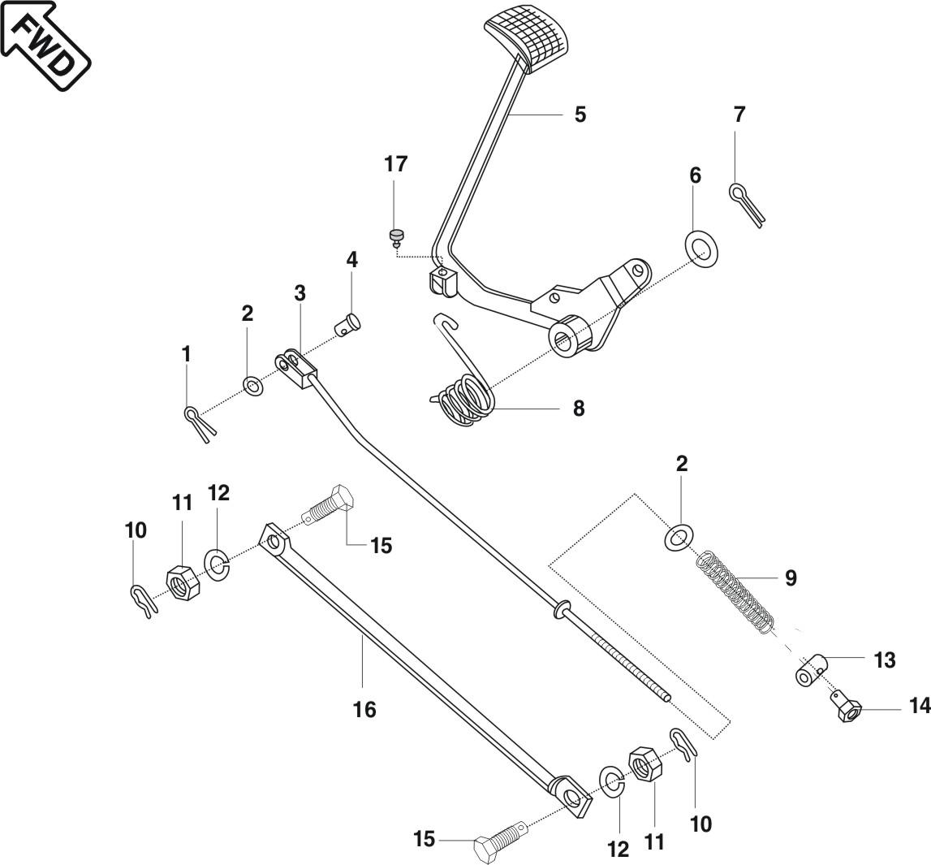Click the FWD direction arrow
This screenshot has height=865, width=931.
click(45, 44)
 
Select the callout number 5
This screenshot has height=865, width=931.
click(580, 115)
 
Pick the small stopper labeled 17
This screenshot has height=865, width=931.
click(396, 236)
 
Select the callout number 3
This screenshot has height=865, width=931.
click(300, 293)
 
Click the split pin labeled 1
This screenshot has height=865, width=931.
click(198, 422)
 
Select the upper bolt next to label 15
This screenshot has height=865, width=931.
click(328, 507)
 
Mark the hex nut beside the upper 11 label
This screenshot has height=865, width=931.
click(179, 581)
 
